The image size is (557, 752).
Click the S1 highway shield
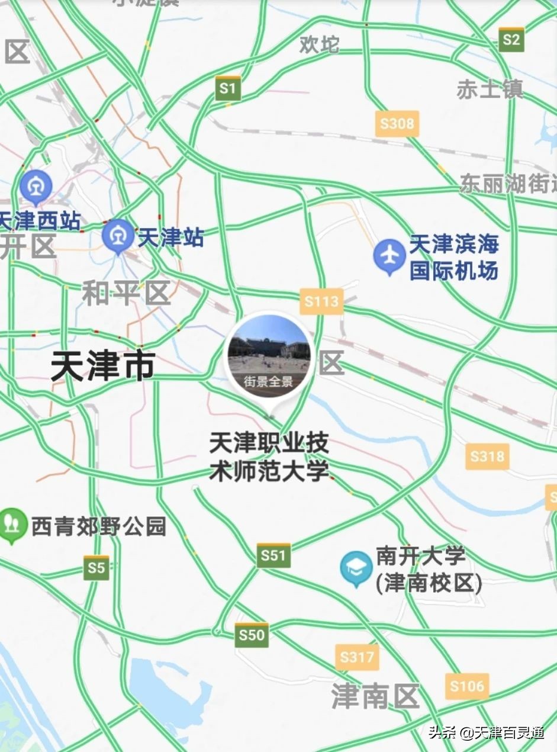[227, 88]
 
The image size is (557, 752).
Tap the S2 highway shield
[511, 39]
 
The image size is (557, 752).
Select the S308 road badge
[397, 124]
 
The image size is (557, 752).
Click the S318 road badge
[487, 456]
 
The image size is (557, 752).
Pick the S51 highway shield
[273, 555]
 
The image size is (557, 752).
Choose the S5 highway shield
[96, 568]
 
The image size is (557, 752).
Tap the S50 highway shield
[251, 635]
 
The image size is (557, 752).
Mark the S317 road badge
[357, 657]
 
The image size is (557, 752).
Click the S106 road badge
[467, 686]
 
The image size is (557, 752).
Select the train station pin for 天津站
[118, 236]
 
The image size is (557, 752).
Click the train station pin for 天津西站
[36, 187]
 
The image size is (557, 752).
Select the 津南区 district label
[375, 695]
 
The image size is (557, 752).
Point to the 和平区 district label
[126, 293]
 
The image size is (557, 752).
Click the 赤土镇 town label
[490, 89]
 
